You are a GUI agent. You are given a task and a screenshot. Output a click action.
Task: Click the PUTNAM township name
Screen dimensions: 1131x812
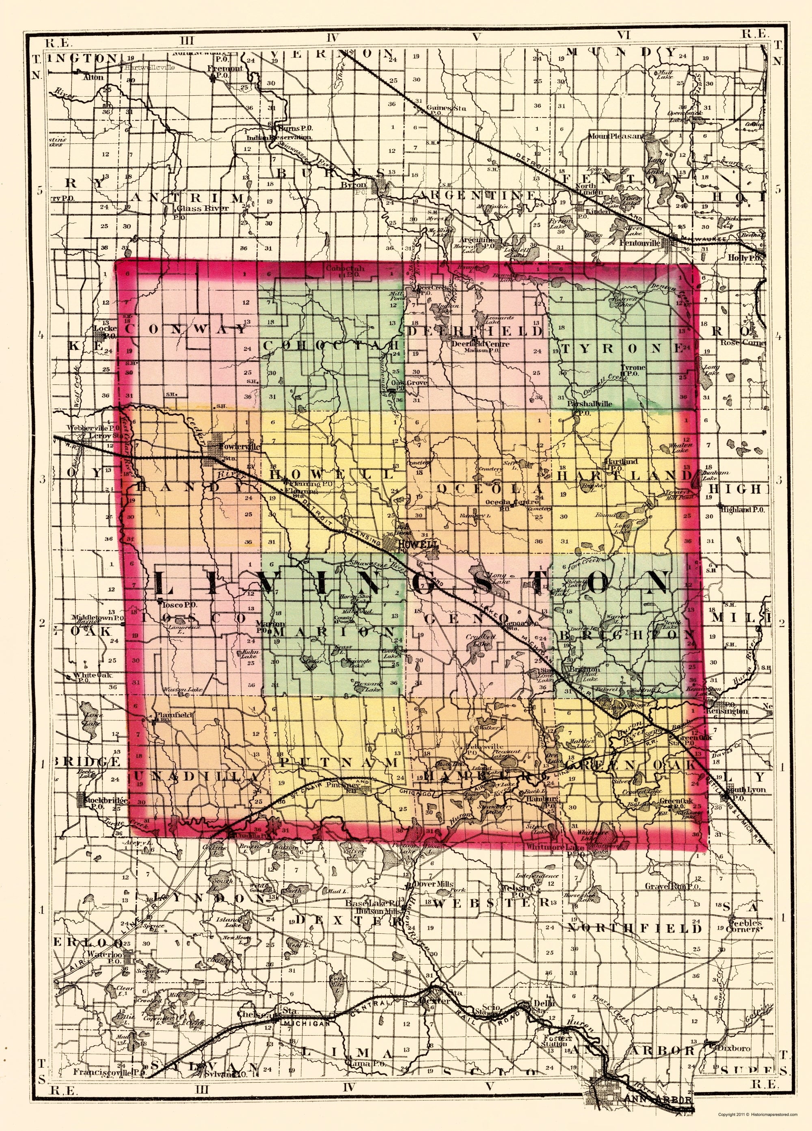[x=339, y=762]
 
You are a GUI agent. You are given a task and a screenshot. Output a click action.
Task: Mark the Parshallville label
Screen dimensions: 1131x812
[x=590, y=404]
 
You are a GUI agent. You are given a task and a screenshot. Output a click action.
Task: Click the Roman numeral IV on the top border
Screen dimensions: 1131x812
[x=332, y=37]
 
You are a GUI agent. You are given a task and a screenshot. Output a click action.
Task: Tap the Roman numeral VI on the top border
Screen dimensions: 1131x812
[x=624, y=35]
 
